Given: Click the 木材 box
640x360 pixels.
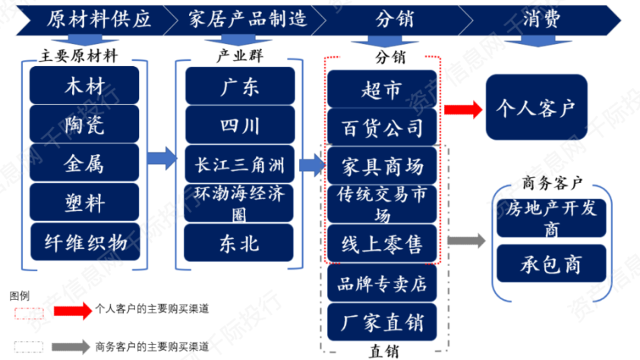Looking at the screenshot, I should click(x=85, y=85).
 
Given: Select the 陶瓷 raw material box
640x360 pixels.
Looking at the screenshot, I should click(x=85, y=124).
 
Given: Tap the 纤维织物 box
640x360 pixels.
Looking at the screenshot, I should click(x=85, y=242).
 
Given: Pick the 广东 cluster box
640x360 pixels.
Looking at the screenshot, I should click(x=239, y=85).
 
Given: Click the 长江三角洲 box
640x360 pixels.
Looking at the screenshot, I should click(x=239, y=163).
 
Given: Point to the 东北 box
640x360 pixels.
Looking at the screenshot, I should click(x=239, y=242).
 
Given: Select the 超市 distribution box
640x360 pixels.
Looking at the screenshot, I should click(x=382, y=90).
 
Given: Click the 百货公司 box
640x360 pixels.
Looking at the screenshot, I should click(x=382, y=126).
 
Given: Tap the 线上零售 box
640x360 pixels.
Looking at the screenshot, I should click(x=382, y=243).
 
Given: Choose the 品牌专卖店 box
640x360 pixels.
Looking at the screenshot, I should click(x=382, y=283).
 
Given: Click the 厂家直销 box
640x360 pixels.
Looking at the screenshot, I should click(x=382, y=321).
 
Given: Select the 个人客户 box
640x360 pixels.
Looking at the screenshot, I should click(x=536, y=106).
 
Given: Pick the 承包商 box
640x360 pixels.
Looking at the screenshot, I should click(x=541, y=263).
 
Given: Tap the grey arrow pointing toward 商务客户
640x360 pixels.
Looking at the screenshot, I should click(x=467, y=242).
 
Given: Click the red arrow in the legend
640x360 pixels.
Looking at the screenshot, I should click(x=72, y=310).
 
